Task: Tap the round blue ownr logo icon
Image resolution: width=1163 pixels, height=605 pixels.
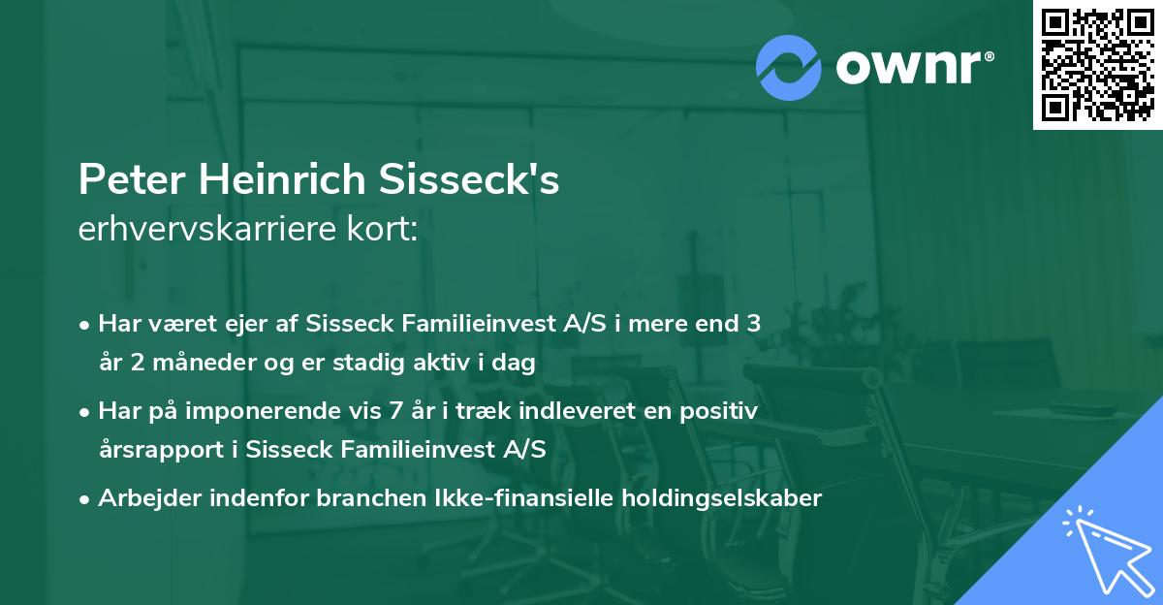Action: (x=789, y=67)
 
